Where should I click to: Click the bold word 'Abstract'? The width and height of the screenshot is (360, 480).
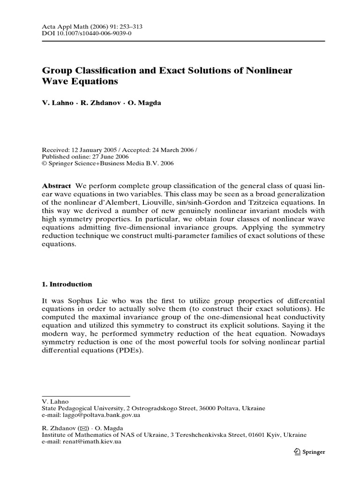(x=56, y=186)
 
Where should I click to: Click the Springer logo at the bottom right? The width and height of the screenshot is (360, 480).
(x=309, y=452)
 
